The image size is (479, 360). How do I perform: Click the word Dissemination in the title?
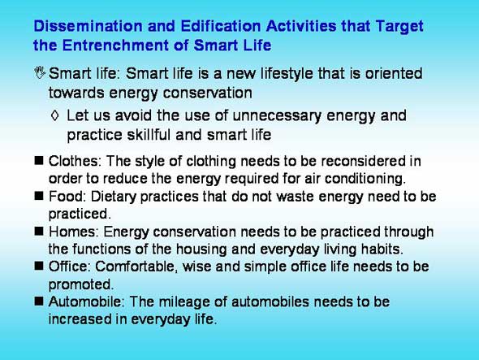[x=88, y=26]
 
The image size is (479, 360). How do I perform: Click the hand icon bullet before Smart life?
[x=40, y=73]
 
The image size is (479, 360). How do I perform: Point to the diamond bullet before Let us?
[x=55, y=115]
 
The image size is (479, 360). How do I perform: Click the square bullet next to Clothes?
[x=39, y=160]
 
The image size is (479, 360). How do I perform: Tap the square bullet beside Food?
[x=39, y=196]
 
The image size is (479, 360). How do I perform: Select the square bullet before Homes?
[x=39, y=232]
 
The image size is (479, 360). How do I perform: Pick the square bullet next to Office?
[x=39, y=266]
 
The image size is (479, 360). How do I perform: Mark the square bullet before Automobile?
[x=39, y=301]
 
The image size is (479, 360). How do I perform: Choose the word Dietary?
[x=114, y=197]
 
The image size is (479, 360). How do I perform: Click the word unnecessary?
[x=277, y=116]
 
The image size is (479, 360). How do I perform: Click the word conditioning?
[x=365, y=180]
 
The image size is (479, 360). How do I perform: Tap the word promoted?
[x=81, y=285]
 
